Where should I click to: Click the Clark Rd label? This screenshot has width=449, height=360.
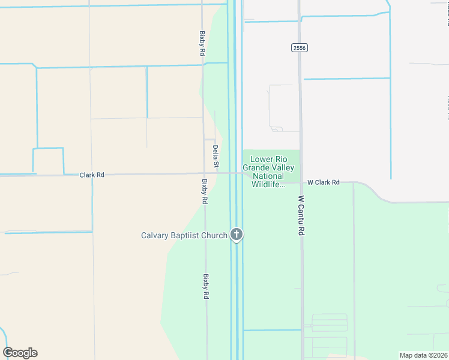(x=92, y=175)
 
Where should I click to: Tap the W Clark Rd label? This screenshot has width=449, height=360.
(x=324, y=182)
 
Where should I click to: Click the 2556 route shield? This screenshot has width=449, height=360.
(x=300, y=47)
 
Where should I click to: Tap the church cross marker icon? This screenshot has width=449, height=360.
(x=237, y=235)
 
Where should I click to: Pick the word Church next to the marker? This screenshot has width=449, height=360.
(x=215, y=235)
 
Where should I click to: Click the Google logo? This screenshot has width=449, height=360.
(x=20, y=353)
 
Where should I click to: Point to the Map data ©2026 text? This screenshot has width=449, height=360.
(x=423, y=355)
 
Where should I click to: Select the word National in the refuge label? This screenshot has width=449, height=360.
(x=268, y=176)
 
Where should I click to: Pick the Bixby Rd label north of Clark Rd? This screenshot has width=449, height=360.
(x=203, y=44)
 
